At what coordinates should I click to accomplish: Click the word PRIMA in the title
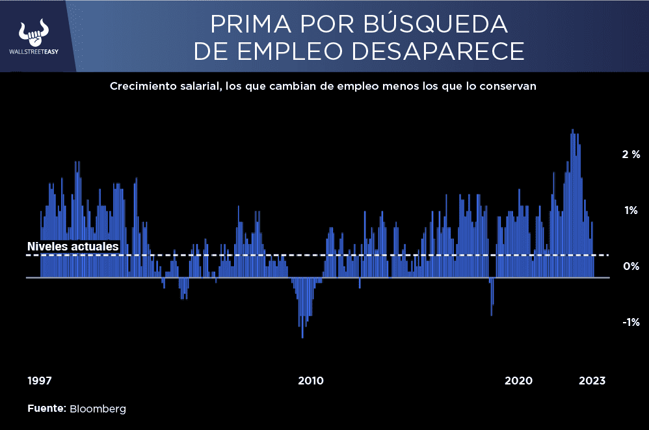tap(245, 24)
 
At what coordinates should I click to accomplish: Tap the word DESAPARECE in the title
tap(444, 51)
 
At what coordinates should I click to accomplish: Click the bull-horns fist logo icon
tap(34, 32)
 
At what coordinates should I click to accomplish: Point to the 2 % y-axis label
tap(631, 155)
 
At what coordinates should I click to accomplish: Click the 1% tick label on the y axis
tap(631, 210)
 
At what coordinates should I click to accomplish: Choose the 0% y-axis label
tap(631, 266)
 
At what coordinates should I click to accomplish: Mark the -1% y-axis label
tap(631, 322)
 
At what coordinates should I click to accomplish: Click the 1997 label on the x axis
tap(40, 381)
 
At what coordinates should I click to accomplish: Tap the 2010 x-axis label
tap(311, 381)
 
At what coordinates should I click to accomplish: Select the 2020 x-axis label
tap(518, 381)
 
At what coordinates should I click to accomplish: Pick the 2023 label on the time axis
tap(592, 381)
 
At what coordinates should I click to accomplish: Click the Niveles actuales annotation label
tap(73, 247)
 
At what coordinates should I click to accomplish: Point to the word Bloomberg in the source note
tap(98, 409)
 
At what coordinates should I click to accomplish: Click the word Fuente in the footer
tap(46, 409)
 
